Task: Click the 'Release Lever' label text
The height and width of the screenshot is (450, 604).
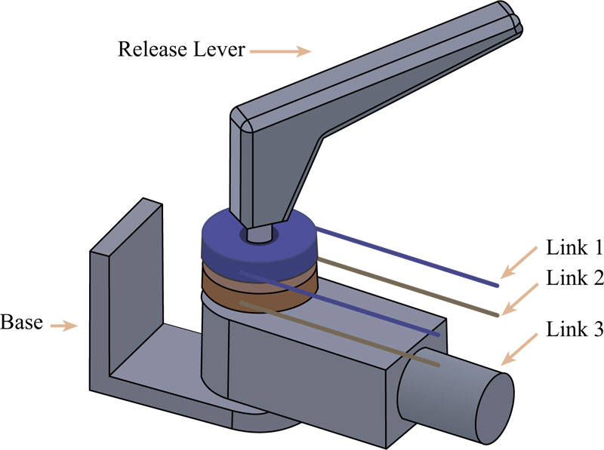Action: coord(180,51)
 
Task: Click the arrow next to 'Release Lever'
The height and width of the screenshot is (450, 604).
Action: coord(280,51)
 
